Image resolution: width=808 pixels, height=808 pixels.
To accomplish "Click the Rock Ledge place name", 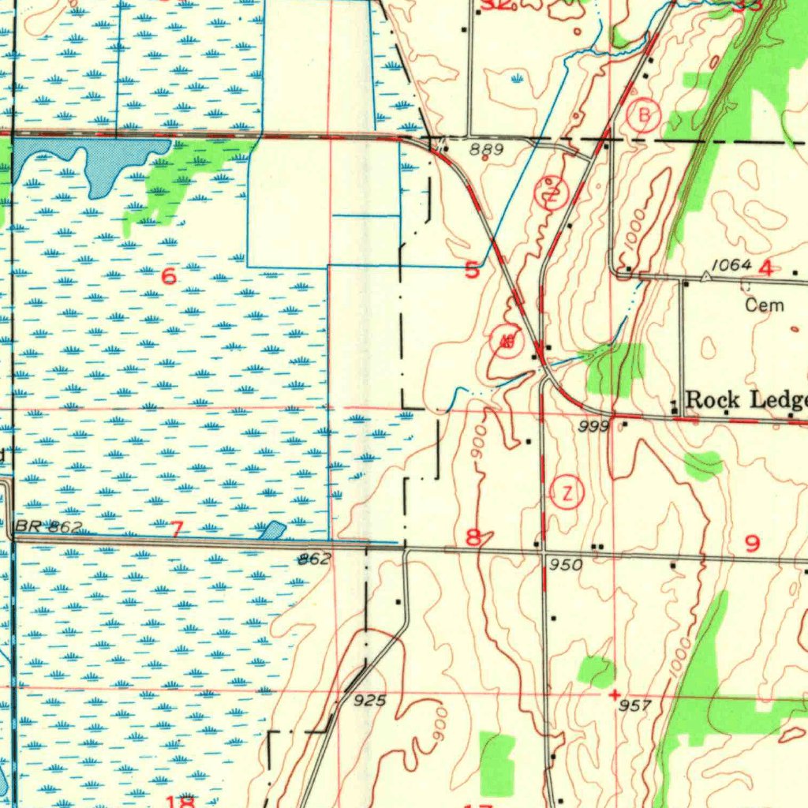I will [746, 399].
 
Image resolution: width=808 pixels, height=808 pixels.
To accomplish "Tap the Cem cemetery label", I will [765, 305].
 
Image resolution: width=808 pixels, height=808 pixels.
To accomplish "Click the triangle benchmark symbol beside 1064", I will [706, 278].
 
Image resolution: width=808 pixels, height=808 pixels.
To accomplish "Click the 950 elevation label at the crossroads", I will [566, 565].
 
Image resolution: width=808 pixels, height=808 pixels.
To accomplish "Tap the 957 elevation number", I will [634, 705].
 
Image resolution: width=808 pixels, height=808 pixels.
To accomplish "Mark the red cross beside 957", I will [615, 694].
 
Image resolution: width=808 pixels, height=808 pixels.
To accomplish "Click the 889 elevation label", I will [485, 148].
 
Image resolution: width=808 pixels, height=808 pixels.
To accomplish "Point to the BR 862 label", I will [47, 527].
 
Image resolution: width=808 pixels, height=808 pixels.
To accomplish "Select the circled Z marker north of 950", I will [567, 493].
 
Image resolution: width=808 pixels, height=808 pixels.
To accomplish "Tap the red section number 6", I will [168, 276].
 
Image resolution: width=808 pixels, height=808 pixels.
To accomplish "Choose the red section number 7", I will [175, 529].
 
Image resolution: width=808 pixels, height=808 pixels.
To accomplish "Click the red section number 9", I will [752, 543].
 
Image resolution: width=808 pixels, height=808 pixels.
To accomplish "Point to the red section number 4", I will [765, 268].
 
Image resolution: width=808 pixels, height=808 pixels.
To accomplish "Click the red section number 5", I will [471, 271].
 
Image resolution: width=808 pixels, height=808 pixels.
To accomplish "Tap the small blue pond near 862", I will [272, 530].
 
